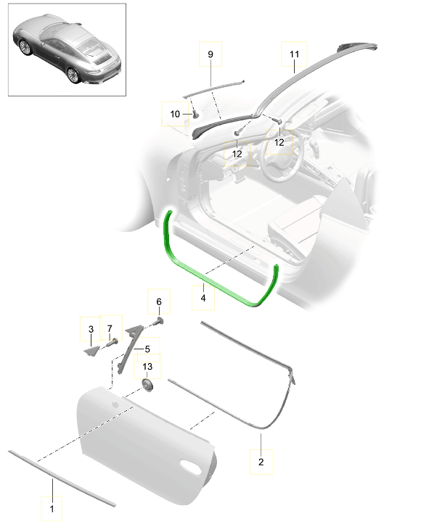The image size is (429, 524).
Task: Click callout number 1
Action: point(52,509)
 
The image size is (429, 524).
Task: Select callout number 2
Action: point(261,462)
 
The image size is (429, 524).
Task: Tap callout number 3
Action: point(91,329)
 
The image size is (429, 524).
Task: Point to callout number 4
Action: point(203,297)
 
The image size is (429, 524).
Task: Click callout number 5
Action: point(147,349)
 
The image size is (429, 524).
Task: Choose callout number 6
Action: point(159,301)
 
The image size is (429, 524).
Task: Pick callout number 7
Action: point(110,329)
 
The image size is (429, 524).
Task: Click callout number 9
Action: point(211,54)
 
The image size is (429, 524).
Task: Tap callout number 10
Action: point(175,115)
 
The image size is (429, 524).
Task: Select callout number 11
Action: point(294,54)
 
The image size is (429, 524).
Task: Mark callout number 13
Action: point(147,367)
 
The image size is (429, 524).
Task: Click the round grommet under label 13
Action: point(147,386)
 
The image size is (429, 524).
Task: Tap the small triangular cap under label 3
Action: point(91,351)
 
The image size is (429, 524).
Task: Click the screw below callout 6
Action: point(158,322)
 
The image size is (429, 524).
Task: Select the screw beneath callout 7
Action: point(112,342)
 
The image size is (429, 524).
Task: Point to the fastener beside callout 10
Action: point(195,115)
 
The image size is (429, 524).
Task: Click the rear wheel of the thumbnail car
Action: point(73,75)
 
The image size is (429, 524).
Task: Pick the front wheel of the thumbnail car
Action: point(25,47)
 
